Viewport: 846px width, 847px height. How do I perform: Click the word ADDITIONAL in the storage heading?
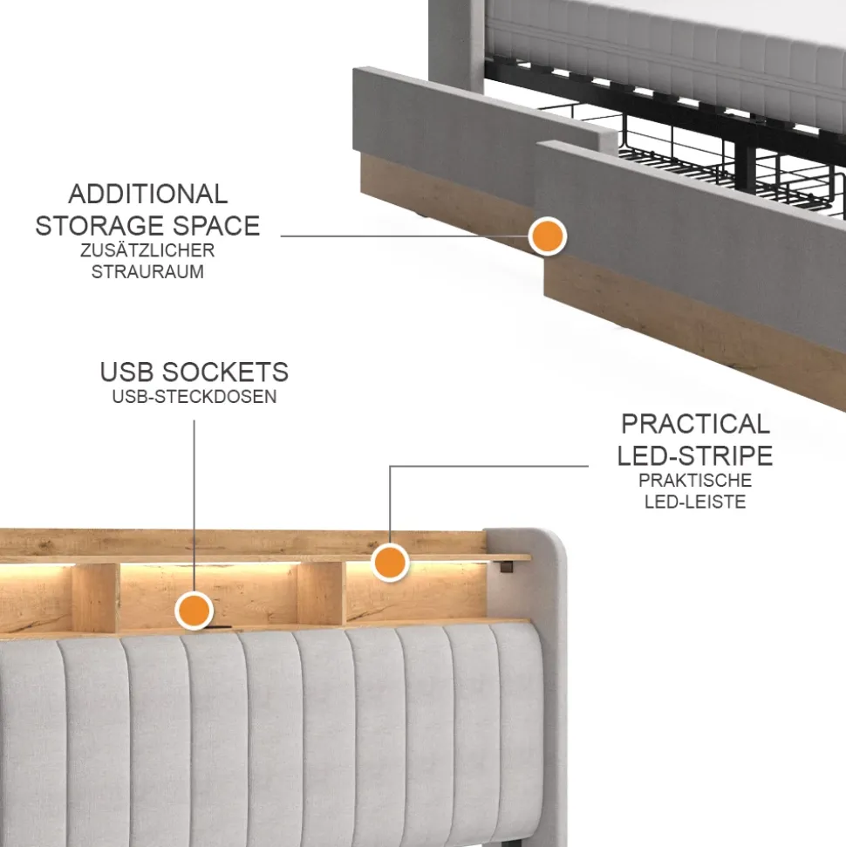[x=147, y=194]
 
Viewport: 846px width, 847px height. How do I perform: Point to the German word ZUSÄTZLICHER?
[x=147, y=250]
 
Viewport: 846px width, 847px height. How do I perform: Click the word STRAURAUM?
[x=147, y=271]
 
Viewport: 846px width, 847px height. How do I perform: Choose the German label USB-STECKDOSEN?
[x=194, y=397]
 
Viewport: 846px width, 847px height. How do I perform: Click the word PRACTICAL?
[x=695, y=424]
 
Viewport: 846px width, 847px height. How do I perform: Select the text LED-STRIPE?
[x=695, y=456]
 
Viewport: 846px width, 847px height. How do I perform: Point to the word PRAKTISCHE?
[x=695, y=481]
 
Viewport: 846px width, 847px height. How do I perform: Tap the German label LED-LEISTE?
[x=695, y=502]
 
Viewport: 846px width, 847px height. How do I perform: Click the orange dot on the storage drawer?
[x=547, y=236]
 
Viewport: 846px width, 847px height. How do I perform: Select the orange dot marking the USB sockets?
[x=194, y=611]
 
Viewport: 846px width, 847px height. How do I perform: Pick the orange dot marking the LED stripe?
[x=390, y=563]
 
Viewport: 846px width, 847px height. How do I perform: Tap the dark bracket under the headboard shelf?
[x=506, y=567]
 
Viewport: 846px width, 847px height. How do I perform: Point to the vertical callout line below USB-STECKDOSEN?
[x=194, y=506]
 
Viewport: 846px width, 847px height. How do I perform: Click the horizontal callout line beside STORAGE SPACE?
[x=405, y=236]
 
